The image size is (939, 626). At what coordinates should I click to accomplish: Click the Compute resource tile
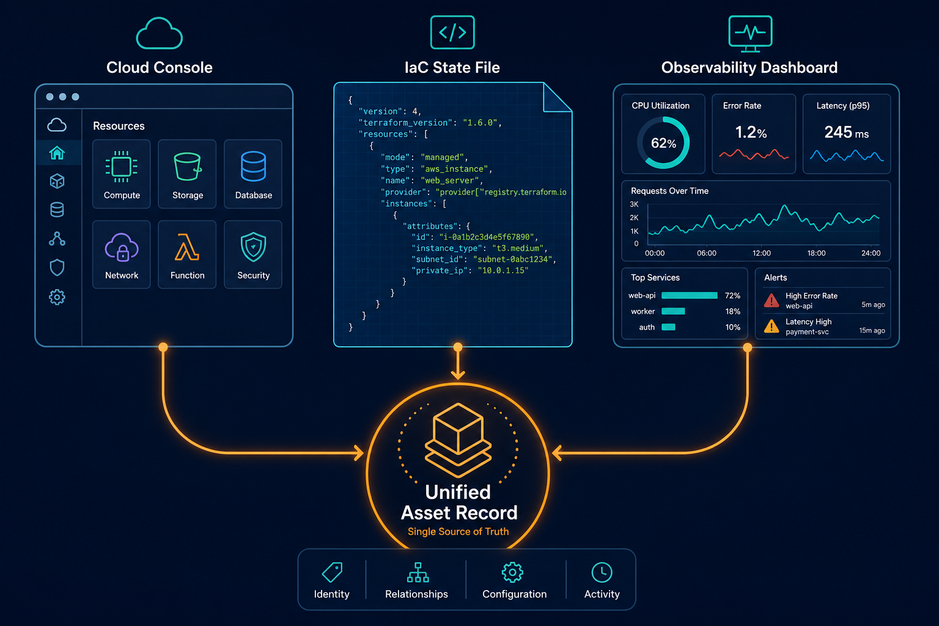coord(122,174)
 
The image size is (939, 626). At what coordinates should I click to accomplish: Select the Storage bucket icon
coord(188,166)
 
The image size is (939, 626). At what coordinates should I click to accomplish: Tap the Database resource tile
coord(253,174)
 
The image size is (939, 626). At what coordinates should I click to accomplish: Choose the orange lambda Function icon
coord(187,248)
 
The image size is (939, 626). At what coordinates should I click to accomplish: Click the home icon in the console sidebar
coord(57,153)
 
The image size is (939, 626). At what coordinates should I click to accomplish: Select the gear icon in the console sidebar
coord(57,297)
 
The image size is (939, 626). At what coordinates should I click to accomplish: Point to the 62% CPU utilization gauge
coord(663,142)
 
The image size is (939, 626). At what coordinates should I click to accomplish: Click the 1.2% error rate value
coord(751,133)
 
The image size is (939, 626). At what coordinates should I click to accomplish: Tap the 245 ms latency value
coord(846,133)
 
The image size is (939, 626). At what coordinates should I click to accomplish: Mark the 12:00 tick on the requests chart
coord(761,253)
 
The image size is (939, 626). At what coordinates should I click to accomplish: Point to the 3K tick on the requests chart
coord(634,204)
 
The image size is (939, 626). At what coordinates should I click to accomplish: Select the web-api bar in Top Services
coord(690,296)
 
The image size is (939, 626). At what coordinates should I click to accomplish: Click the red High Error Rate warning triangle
coord(771,300)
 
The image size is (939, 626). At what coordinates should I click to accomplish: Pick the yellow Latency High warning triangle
coord(771,326)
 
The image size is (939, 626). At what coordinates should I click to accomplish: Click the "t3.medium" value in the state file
coord(518,248)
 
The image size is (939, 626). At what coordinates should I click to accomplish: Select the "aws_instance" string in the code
coord(455,169)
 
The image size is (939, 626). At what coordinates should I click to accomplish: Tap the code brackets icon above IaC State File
coord(452,32)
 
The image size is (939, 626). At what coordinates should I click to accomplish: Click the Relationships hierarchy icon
coord(418,572)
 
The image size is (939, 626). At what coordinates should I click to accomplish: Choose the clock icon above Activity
coord(602,572)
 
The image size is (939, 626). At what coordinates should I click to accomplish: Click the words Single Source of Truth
coord(458,532)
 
